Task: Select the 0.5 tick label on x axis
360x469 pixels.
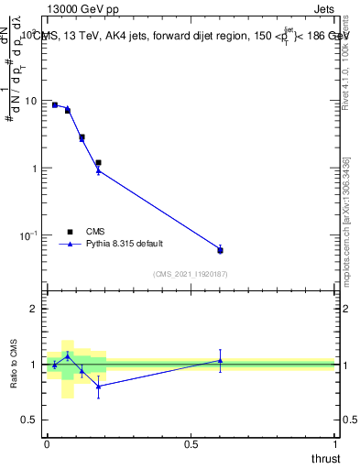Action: tap(191, 443)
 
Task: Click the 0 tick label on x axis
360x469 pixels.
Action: tap(47, 443)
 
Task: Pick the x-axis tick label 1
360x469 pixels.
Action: tap(335, 443)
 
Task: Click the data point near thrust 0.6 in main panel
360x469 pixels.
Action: tap(220, 250)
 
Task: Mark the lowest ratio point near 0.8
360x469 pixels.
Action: tap(98, 386)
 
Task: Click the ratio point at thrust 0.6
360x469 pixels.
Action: tap(220, 360)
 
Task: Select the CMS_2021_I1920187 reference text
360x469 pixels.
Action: tap(191, 273)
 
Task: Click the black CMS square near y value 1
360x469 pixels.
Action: tap(98, 163)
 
